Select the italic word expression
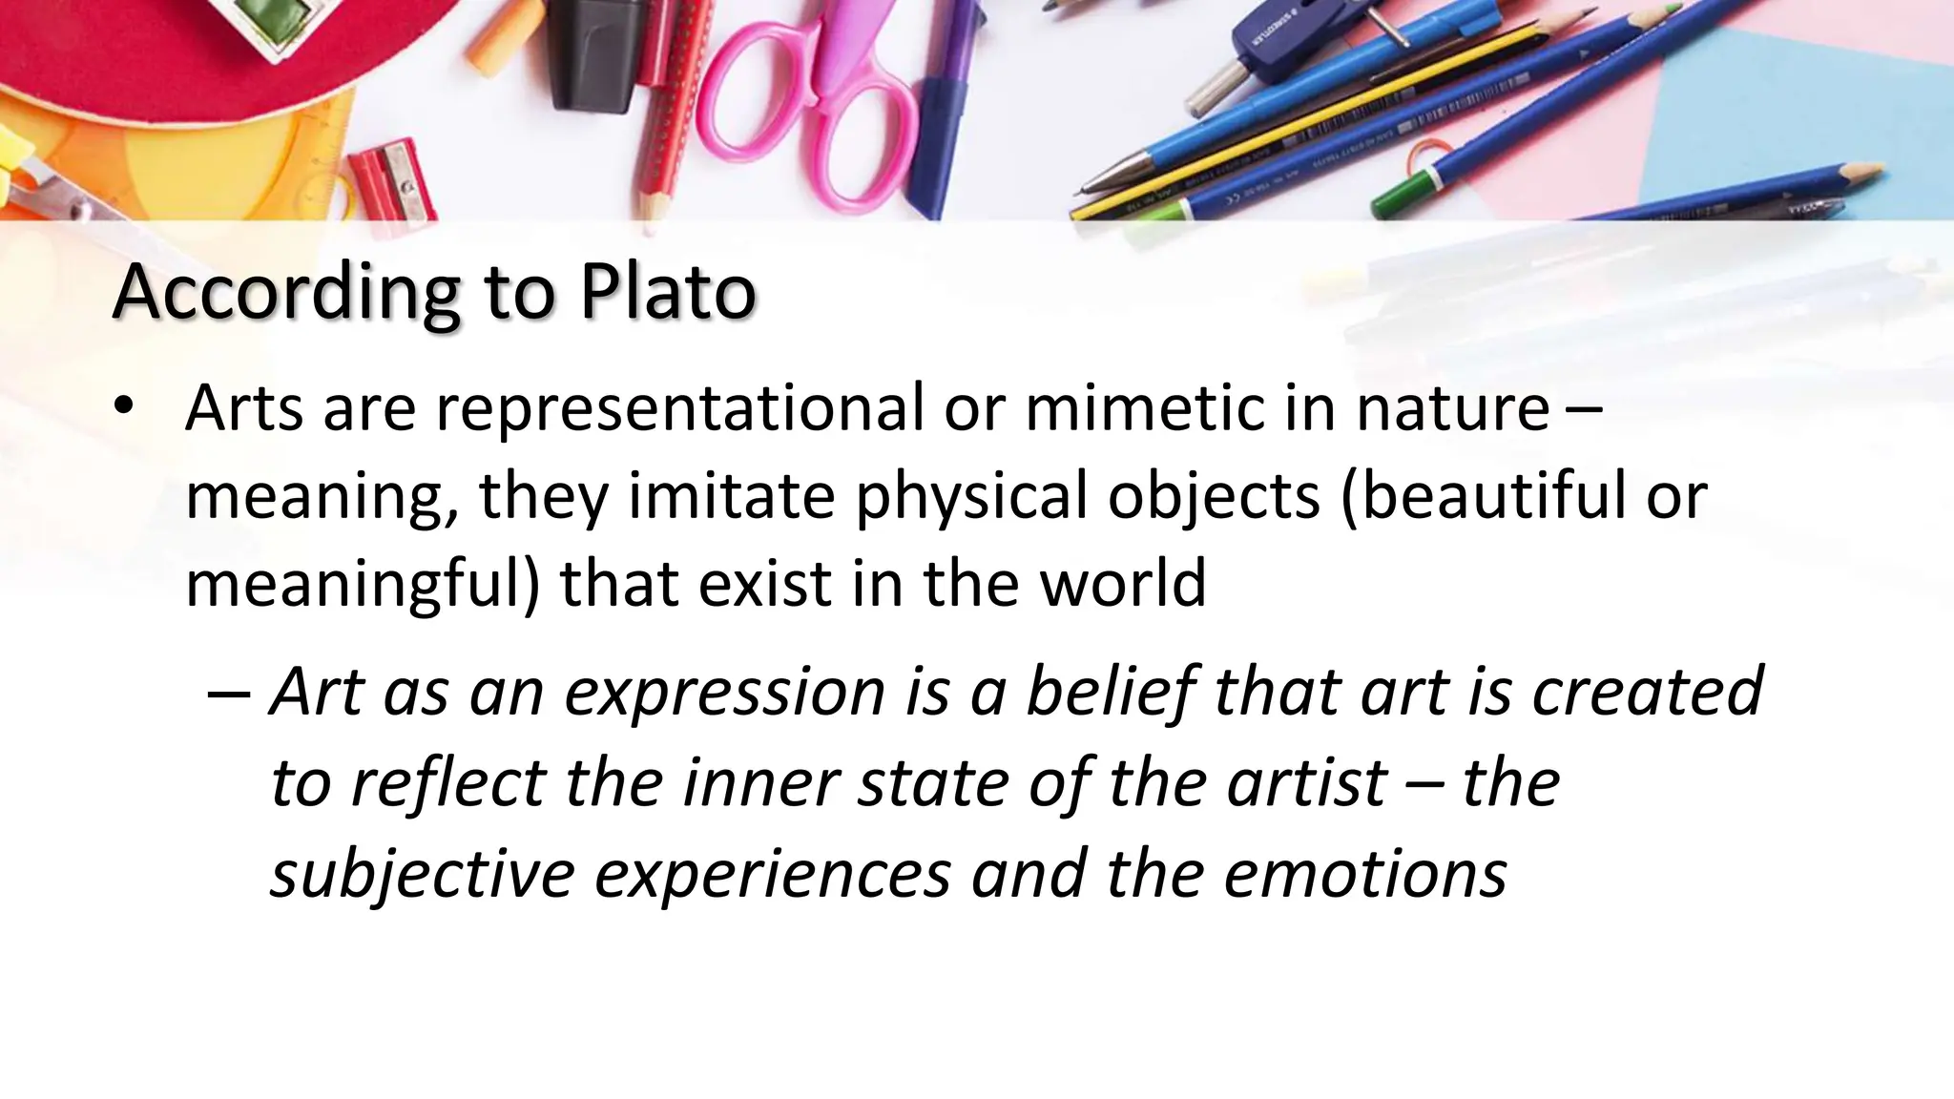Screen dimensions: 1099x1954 724,692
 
